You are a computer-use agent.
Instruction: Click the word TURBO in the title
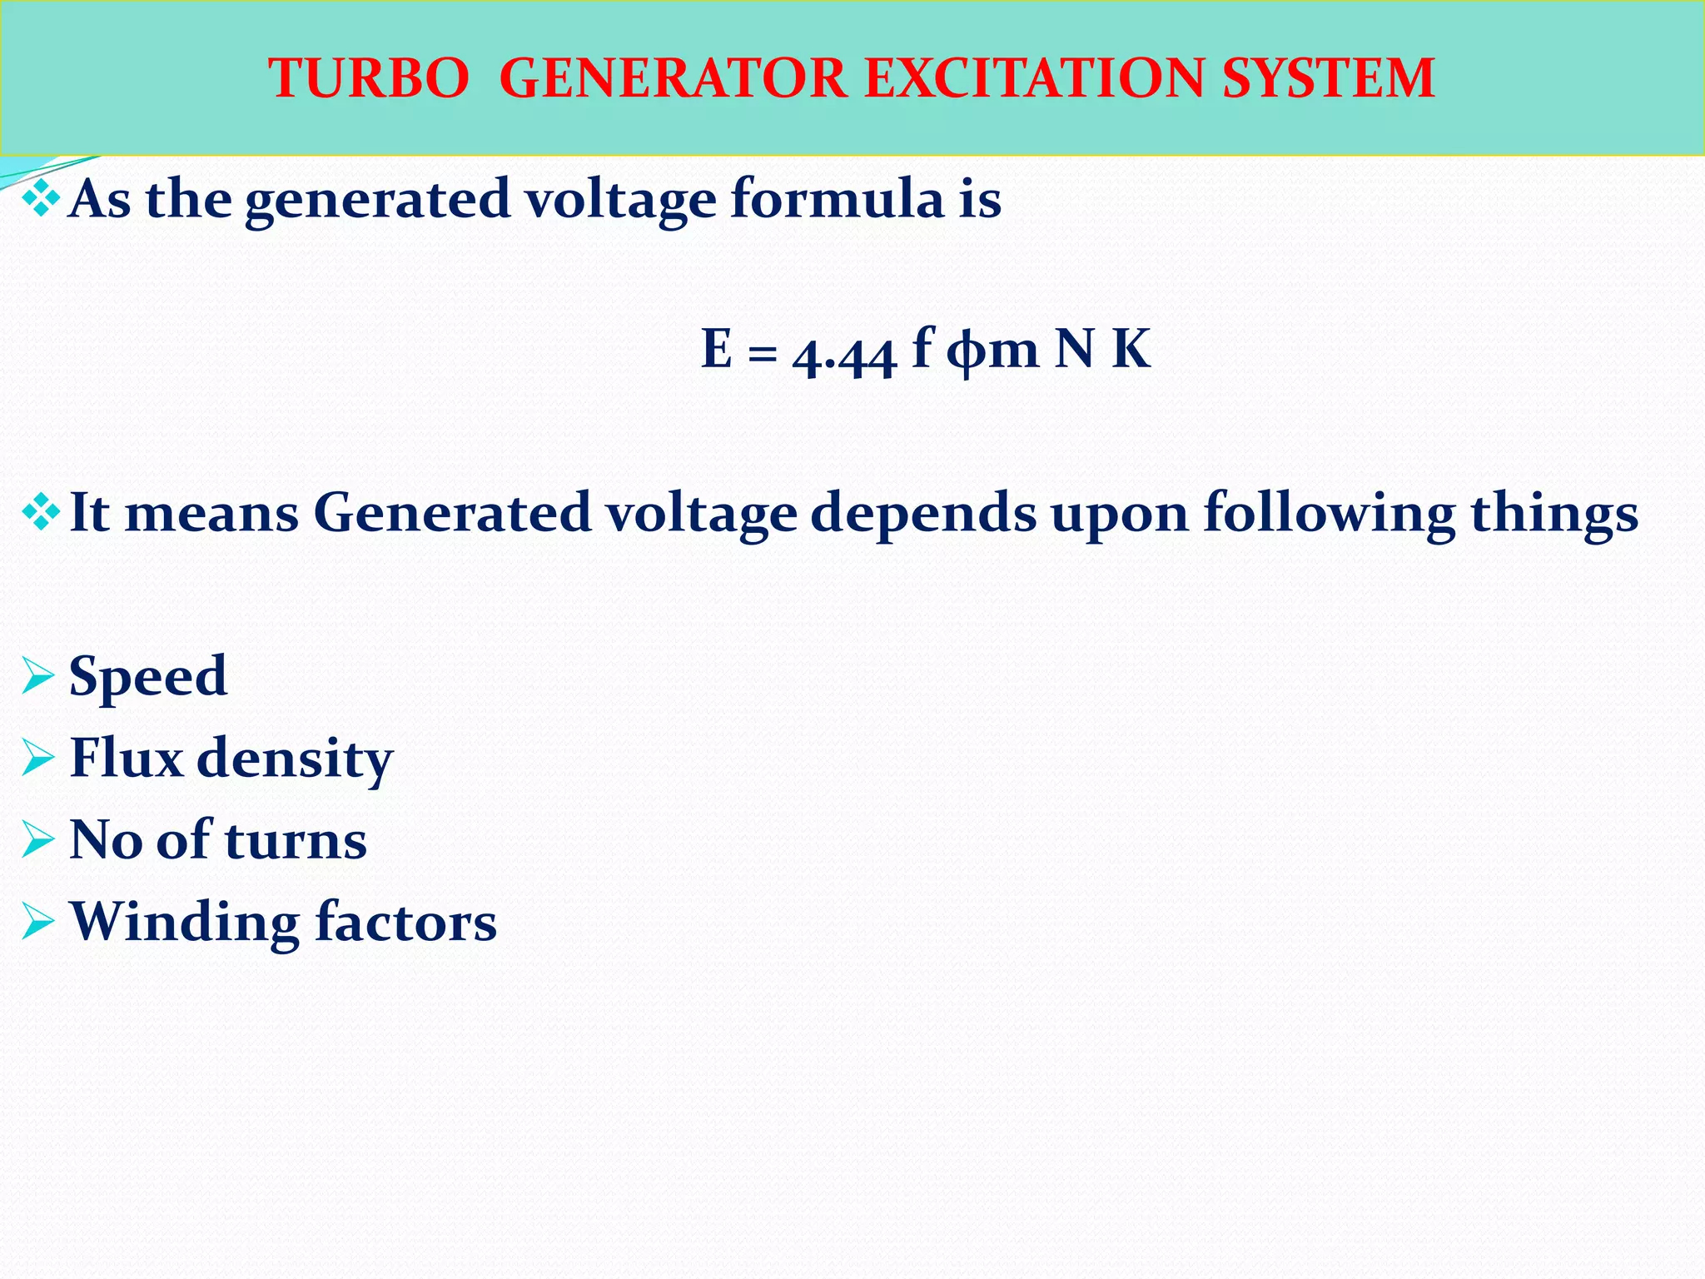pyautogui.click(x=368, y=79)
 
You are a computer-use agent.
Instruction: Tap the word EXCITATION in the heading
pyautogui.click(x=1035, y=79)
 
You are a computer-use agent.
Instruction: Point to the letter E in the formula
pyautogui.click(x=717, y=349)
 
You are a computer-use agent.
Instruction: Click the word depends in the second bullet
pyautogui.click(x=923, y=515)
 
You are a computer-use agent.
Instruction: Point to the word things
pyautogui.click(x=1554, y=515)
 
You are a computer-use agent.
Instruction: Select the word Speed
pyautogui.click(x=147, y=675)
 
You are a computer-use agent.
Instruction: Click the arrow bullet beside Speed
pyautogui.click(x=38, y=675)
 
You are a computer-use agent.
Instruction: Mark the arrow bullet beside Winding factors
pyautogui.click(x=38, y=922)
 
